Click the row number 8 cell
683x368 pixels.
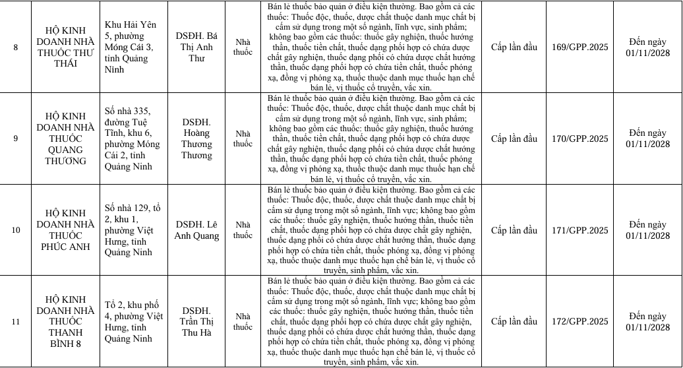15,47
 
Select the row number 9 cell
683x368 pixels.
15,138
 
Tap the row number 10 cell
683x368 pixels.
15,230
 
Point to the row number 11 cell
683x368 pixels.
15,321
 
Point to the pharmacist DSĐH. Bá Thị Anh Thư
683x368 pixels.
196,47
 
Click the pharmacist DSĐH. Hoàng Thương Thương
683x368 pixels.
196,138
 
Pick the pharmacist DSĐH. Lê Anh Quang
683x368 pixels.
196,230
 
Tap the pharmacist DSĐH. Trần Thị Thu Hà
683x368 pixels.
196,321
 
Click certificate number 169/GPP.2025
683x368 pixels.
581,47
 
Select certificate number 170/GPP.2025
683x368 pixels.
581,138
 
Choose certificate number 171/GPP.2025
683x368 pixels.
581,230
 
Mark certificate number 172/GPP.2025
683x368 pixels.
581,321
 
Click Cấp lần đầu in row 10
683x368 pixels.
514,230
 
